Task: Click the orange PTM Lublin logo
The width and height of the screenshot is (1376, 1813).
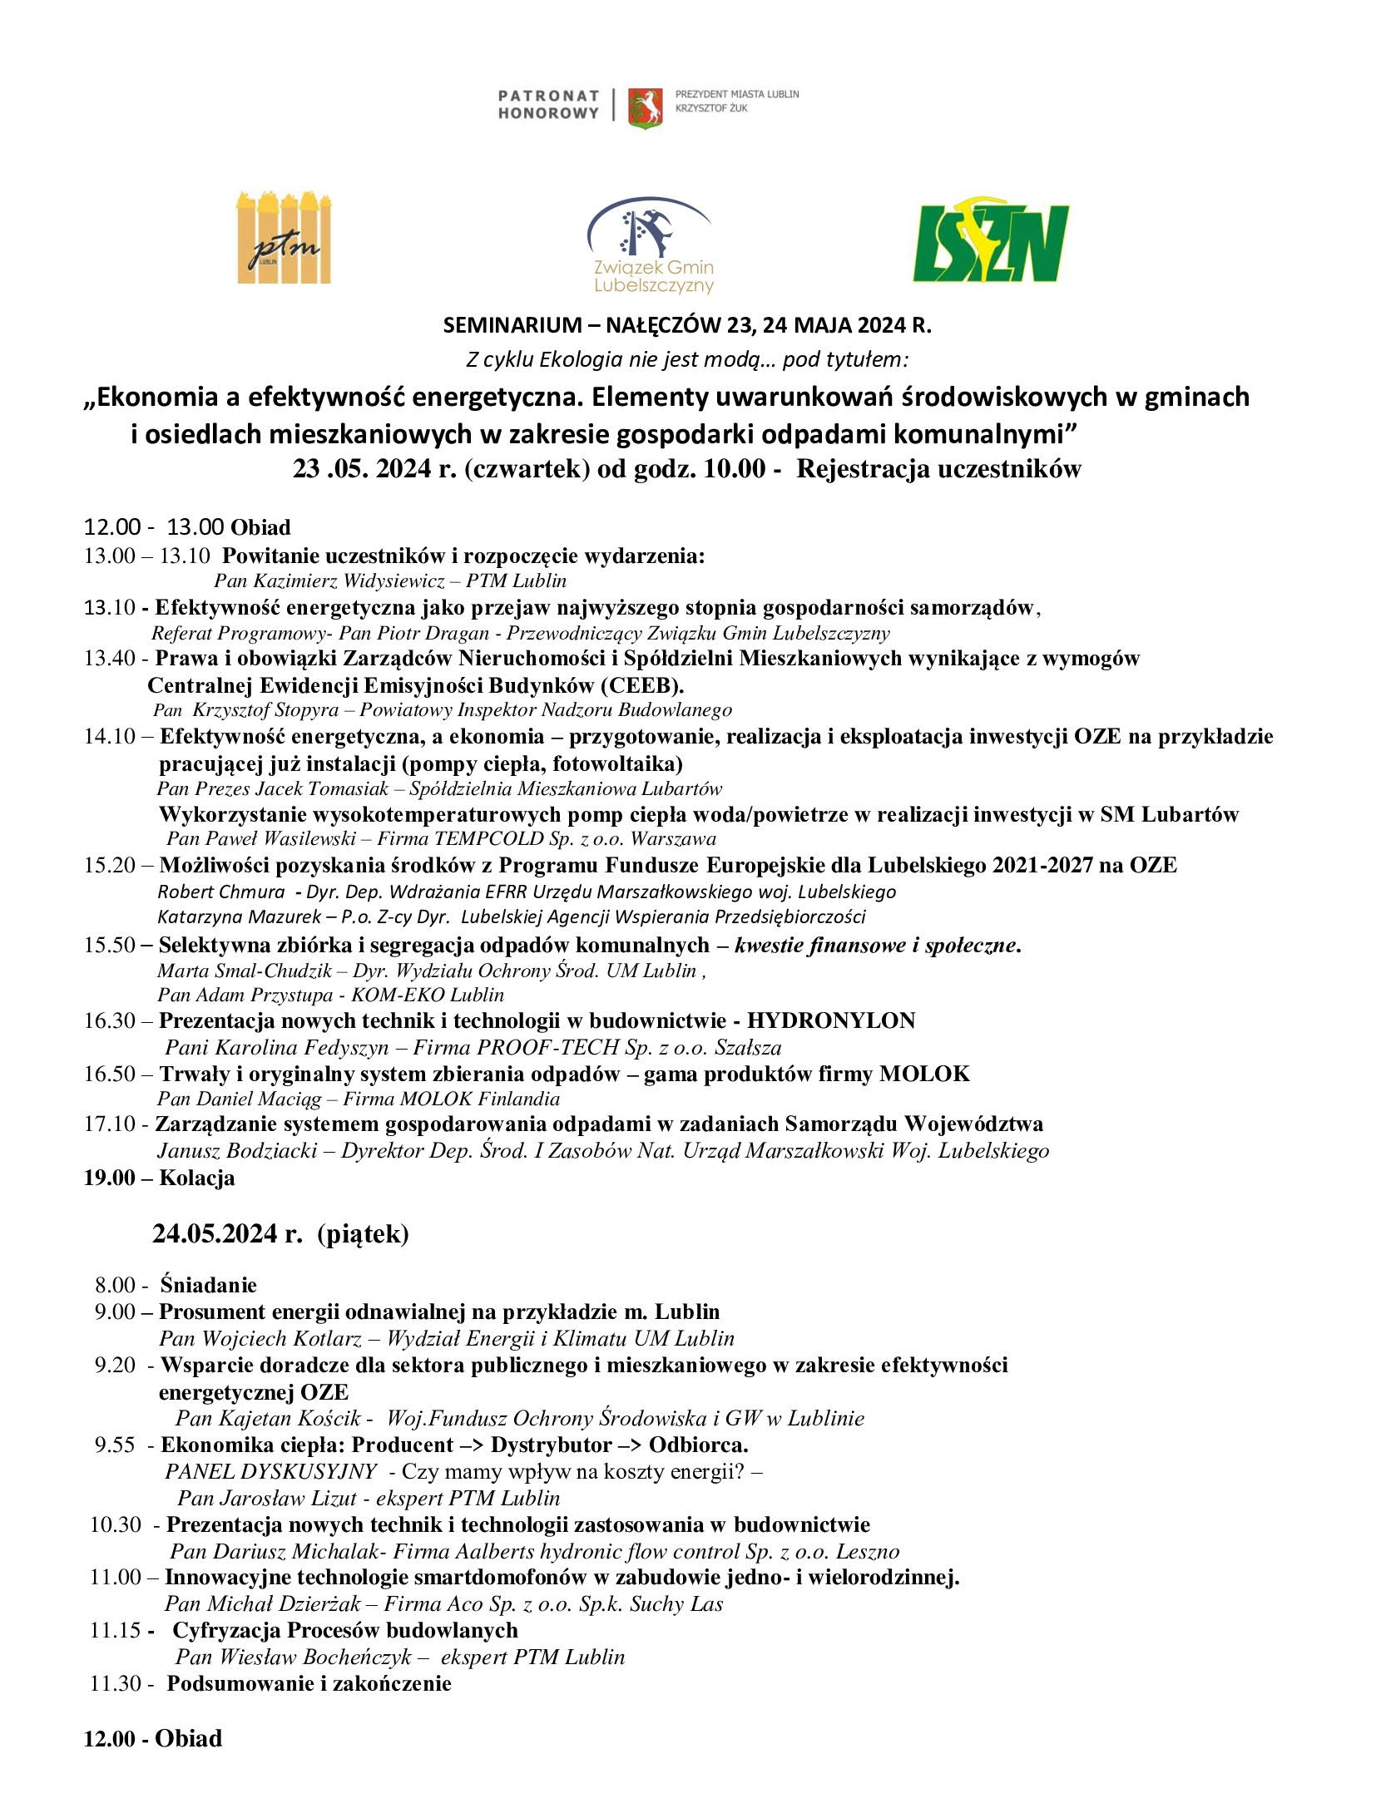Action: coord(285,238)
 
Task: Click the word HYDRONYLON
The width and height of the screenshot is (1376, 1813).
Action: coord(831,1021)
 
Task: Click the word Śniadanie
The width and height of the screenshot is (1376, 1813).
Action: coord(209,1286)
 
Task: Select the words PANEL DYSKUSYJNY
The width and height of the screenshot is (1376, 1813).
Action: coord(271,1471)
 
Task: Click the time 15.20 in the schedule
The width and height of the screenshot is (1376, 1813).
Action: coord(109,866)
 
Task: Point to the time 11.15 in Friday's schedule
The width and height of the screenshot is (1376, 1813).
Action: coord(115,1630)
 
